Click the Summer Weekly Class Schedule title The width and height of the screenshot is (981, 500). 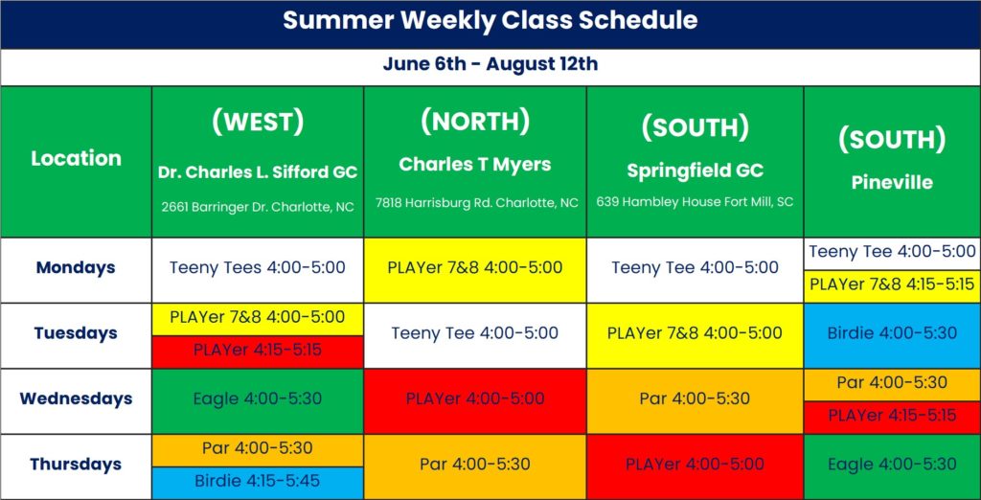click(x=490, y=21)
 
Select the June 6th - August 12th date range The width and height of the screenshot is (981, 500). click(x=490, y=64)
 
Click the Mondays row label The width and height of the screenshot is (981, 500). click(x=76, y=268)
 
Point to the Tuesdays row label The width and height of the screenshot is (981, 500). click(x=76, y=333)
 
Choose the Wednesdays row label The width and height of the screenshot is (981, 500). click(x=76, y=398)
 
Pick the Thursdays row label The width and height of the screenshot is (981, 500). click(x=76, y=465)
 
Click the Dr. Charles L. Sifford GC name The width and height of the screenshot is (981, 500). click(x=258, y=172)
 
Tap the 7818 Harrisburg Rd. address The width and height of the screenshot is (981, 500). click(x=477, y=203)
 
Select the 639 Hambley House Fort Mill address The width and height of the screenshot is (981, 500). click(x=696, y=202)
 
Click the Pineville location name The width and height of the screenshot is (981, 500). click(x=892, y=183)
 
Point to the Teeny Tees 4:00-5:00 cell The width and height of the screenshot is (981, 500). click(x=258, y=268)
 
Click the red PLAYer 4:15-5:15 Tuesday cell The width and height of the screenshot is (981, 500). click(x=258, y=350)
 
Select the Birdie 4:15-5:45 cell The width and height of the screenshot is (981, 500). click(x=258, y=481)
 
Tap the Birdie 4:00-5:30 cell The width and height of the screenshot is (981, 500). click(x=892, y=333)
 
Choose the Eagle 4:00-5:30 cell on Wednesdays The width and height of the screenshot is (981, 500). click(x=258, y=398)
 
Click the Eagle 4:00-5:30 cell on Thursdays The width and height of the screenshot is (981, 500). click(x=892, y=465)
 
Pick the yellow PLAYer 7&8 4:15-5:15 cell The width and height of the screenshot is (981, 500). click(x=892, y=284)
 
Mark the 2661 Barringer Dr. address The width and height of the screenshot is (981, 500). click(x=258, y=207)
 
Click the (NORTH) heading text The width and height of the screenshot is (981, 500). click(x=475, y=122)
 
